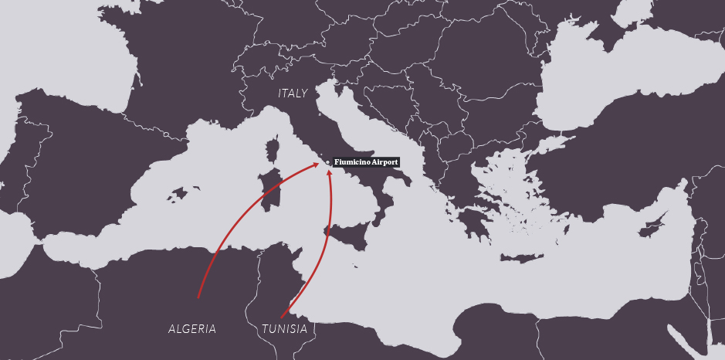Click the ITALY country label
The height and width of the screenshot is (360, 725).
pos(293,93)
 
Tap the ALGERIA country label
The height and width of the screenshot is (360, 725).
pos(192,329)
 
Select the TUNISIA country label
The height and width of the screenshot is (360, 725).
pos(284,329)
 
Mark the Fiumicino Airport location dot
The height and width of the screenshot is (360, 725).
pos(327,162)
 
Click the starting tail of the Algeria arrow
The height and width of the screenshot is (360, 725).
pos(198,297)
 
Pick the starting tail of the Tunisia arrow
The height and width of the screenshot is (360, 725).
pos(280,317)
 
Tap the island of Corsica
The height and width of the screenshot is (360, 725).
pos(272,149)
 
